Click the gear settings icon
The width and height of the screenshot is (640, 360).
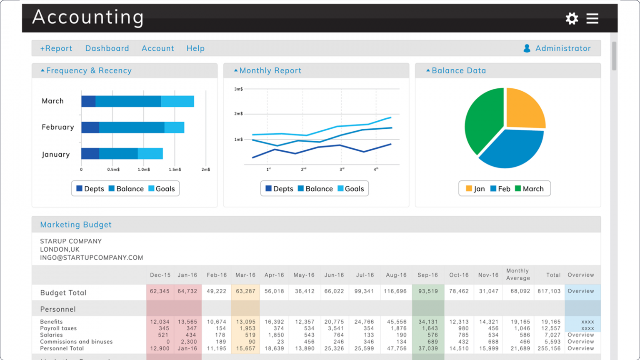[x=572, y=18]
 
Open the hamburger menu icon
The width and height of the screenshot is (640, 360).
[x=592, y=18]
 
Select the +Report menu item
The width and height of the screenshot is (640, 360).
[x=56, y=48]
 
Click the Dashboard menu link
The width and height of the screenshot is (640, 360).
[x=107, y=48]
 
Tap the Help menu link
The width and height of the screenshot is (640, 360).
[x=195, y=48]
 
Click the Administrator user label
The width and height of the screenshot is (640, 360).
[x=562, y=48]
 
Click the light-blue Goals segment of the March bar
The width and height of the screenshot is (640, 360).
[x=177, y=101]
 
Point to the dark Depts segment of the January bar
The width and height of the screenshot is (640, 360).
[x=90, y=153]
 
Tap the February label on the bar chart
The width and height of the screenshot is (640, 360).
[x=57, y=127]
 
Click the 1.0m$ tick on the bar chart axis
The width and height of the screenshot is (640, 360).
[x=144, y=170]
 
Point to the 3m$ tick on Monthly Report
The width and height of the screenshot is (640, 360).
[x=238, y=89]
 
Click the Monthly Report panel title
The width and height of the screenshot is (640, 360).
[x=270, y=71]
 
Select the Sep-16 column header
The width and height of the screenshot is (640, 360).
[x=427, y=275]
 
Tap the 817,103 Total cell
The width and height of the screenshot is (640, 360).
[x=549, y=291]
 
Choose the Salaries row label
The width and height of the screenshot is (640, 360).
[x=51, y=335]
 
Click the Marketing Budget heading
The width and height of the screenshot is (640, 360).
[x=76, y=225]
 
